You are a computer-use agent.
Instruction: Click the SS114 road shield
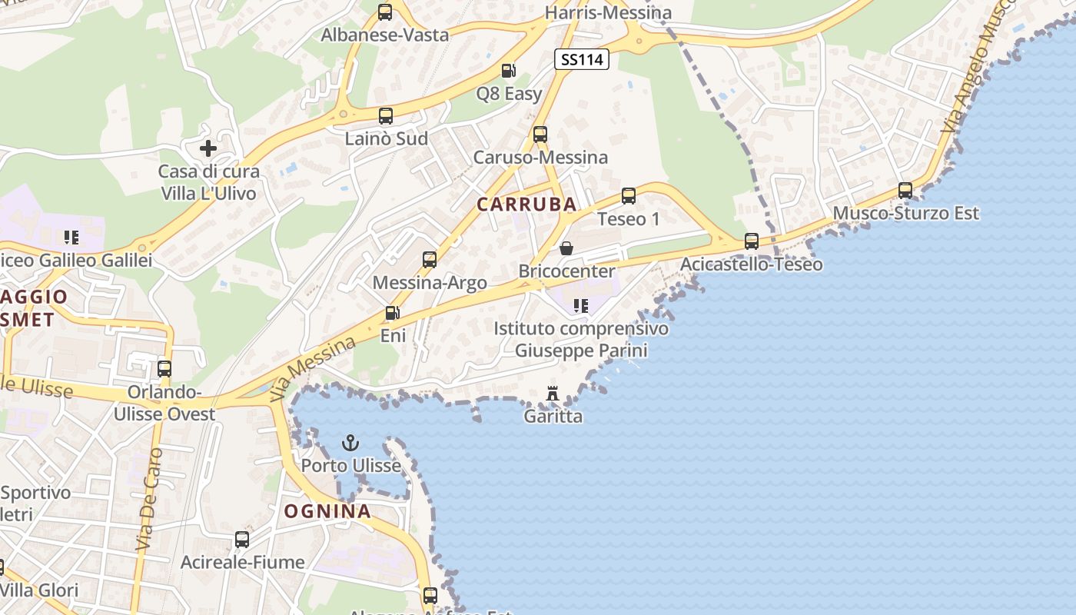(582, 59)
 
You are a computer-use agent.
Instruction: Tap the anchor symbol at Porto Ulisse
(350, 443)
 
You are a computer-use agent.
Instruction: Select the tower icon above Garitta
(552, 394)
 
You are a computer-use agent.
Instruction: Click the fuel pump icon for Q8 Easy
(508, 71)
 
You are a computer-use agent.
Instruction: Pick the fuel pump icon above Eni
(392, 313)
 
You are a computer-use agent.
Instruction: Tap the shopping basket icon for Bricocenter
(566, 248)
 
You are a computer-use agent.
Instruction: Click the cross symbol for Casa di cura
(208, 148)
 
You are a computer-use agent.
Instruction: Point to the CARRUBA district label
(526, 204)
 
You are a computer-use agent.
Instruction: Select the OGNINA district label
(327, 511)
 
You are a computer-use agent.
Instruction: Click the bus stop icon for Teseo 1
(629, 196)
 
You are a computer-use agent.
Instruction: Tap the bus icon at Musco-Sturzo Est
(905, 190)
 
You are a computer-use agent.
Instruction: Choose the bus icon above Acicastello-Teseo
(752, 241)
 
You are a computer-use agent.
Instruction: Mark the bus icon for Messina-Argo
(430, 260)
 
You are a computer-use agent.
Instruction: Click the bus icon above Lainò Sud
(386, 116)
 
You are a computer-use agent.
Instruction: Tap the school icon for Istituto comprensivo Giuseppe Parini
(581, 306)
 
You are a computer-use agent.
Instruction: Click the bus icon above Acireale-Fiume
(242, 540)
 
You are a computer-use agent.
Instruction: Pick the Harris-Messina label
(608, 13)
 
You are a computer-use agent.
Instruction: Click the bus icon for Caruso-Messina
(540, 135)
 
